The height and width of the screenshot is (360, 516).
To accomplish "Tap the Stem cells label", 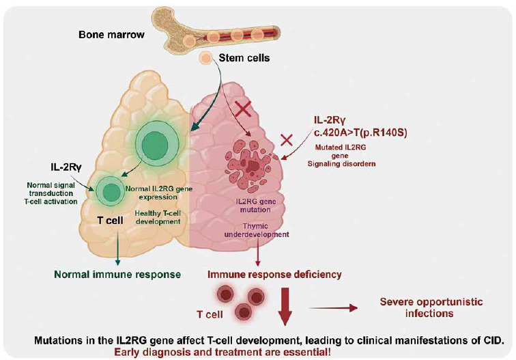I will (x=244, y=58).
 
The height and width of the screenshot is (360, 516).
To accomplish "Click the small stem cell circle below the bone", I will (x=204, y=59).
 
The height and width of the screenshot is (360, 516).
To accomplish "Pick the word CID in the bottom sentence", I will (x=493, y=340).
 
